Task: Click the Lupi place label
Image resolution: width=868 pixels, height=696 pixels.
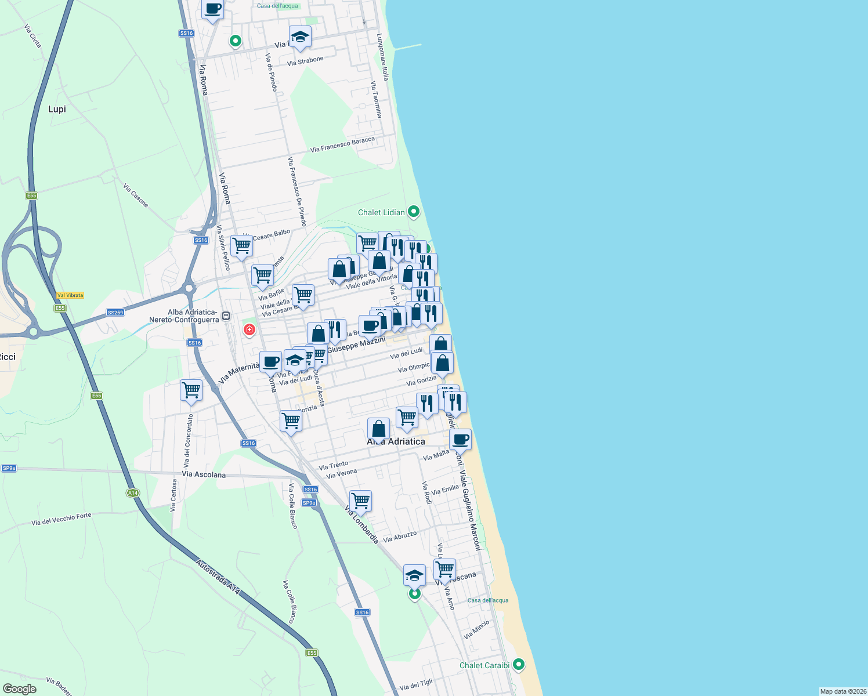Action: pyautogui.click(x=57, y=109)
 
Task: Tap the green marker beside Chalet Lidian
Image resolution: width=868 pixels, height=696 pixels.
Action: pyautogui.click(x=414, y=212)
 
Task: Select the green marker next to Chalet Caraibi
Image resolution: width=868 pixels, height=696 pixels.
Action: pyautogui.click(x=519, y=665)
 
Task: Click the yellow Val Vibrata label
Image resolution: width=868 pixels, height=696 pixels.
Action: pyautogui.click(x=70, y=295)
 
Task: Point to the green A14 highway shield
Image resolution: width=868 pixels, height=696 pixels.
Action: pyautogui.click(x=133, y=493)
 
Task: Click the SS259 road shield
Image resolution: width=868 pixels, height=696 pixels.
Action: pyautogui.click(x=115, y=313)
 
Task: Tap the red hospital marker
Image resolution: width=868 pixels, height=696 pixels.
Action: pyautogui.click(x=249, y=330)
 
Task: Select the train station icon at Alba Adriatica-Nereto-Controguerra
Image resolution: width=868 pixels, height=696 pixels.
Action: pyautogui.click(x=226, y=316)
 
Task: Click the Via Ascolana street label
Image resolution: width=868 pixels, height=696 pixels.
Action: pyautogui.click(x=204, y=474)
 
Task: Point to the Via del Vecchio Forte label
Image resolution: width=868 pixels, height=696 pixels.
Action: pyautogui.click(x=62, y=519)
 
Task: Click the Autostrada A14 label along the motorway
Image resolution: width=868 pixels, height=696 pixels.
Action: pyautogui.click(x=218, y=577)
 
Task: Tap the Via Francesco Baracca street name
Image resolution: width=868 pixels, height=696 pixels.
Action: pyautogui.click(x=342, y=145)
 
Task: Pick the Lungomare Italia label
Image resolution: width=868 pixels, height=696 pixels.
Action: pyautogui.click(x=382, y=57)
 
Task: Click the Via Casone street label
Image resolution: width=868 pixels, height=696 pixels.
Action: pyautogui.click(x=136, y=195)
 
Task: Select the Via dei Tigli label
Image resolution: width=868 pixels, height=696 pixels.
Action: pyautogui.click(x=416, y=685)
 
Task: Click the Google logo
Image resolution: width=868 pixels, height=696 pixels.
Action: pyautogui.click(x=20, y=689)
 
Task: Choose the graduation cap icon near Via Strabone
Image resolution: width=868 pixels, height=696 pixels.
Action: pyautogui.click(x=300, y=37)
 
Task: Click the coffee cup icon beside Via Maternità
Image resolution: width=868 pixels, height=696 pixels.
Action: pyautogui.click(x=270, y=362)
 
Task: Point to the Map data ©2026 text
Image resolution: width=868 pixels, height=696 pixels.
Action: pyautogui.click(x=842, y=691)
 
